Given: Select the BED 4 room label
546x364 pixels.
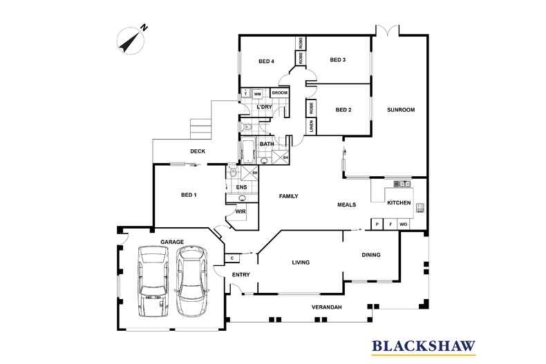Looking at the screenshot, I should coord(267,61).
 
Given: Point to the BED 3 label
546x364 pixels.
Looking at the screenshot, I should coord(337,60).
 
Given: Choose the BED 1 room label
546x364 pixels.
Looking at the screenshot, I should coord(189,195).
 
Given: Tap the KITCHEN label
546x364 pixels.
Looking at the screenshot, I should coord(399,203).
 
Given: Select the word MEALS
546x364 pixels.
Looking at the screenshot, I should coord(347,205).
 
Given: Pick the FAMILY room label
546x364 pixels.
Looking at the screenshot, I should coord(288,197).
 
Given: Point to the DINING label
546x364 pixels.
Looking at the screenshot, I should coord(370,255).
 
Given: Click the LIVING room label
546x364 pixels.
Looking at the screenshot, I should coord(300,262).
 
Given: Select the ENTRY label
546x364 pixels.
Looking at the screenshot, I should coord(240,275).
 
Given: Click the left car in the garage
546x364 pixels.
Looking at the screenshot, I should coord(152,281).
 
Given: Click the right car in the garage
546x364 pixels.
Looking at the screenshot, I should coord(192,281).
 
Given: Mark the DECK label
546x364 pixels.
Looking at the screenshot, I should coord(200,151).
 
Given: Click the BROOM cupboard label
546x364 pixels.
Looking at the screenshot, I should coord(279,93).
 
